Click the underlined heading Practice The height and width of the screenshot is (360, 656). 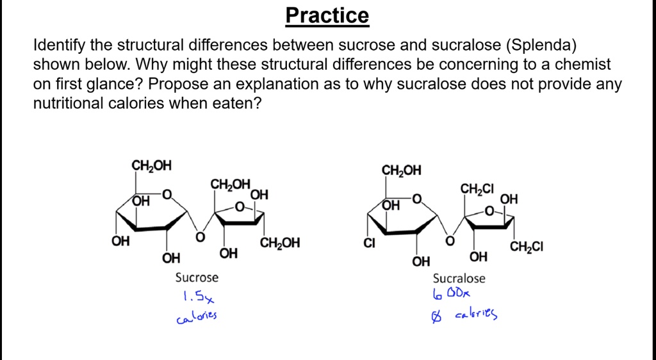(x=327, y=15)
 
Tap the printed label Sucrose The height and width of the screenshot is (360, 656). (x=197, y=277)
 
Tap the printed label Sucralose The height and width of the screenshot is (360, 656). (x=459, y=279)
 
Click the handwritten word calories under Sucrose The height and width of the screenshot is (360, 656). (x=197, y=316)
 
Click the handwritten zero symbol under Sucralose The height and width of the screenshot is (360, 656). (x=436, y=317)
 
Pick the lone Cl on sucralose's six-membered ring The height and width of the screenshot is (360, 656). (x=369, y=243)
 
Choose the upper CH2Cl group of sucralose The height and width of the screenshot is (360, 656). (x=477, y=189)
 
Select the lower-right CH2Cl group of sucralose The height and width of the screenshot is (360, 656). (x=527, y=247)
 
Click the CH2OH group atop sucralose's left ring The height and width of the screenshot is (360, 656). (x=401, y=170)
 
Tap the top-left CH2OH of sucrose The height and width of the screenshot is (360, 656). (x=151, y=165)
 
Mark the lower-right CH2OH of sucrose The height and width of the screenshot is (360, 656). (x=280, y=243)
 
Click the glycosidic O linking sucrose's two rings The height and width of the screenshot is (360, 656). (x=200, y=238)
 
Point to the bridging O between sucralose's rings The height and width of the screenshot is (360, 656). (x=450, y=241)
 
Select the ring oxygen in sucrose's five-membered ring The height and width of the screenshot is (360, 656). (x=240, y=206)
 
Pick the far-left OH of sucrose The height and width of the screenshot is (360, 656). (x=120, y=241)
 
